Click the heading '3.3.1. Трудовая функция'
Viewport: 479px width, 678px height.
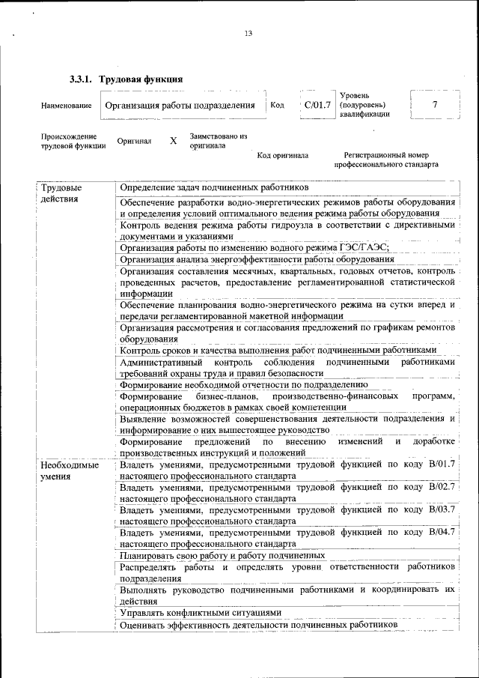tap(126, 79)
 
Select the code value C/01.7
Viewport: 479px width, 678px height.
tap(317, 105)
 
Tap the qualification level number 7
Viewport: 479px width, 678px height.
tap(435, 105)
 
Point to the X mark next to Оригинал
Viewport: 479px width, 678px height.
tap(173, 141)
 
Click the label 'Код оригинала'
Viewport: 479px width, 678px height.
tap(282, 156)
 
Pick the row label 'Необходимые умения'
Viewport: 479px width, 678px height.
tap(70, 470)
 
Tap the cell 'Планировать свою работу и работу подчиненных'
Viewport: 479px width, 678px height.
tap(222, 556)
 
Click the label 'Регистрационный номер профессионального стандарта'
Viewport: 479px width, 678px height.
tap(386, 160)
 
